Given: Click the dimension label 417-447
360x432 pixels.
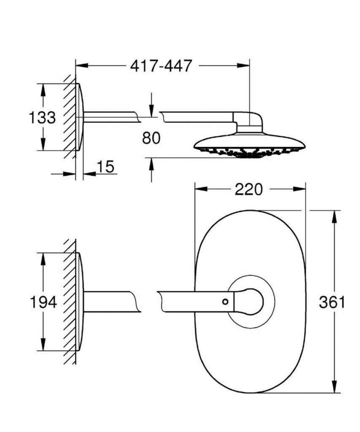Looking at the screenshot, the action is (161, 66).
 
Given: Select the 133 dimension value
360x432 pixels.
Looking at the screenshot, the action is (43, 117).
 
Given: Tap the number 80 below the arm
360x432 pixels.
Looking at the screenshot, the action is (151, 138).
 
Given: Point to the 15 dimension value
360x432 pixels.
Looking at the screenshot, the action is (105, 167).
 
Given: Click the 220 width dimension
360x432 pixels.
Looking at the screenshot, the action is (249, 189).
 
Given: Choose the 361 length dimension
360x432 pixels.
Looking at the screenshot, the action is (332, 302).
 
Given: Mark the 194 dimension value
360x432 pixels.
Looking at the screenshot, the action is (43, 302).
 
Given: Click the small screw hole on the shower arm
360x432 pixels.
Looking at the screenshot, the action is (225, 302).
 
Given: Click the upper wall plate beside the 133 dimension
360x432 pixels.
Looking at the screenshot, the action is (80, 117).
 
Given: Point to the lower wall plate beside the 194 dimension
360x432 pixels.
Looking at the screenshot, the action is (80, 302).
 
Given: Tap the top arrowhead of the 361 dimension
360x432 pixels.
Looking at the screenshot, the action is (334, 217).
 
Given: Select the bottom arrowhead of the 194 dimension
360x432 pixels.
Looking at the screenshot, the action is (43, 345).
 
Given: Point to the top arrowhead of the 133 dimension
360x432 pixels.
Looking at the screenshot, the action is (43, 89).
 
